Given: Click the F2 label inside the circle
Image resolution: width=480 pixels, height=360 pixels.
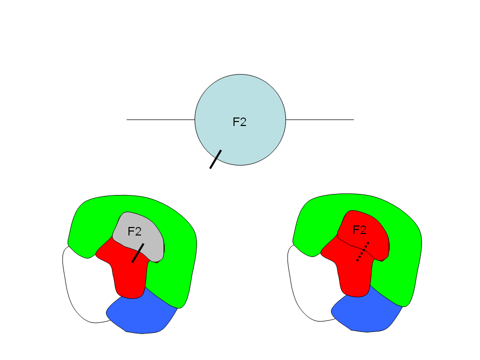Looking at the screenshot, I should [x=239, y=121].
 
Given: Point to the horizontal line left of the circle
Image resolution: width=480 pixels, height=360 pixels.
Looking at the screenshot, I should [x=160, y=120].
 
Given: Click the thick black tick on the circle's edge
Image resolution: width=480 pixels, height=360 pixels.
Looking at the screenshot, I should [x=215, y=159].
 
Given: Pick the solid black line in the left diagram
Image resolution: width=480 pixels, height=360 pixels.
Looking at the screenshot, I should [x=138, y=252].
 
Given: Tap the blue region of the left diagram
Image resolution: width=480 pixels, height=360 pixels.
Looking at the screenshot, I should [x=140, y=315].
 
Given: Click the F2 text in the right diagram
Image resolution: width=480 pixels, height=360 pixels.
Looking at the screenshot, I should [x=360, y=230].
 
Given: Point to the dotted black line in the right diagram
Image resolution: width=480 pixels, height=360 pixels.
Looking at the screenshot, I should [x=363, y=251].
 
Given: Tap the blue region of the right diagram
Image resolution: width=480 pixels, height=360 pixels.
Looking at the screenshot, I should [x=365, y=315].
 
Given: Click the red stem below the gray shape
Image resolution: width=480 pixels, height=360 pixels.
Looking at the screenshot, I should [x=129, y=280].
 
